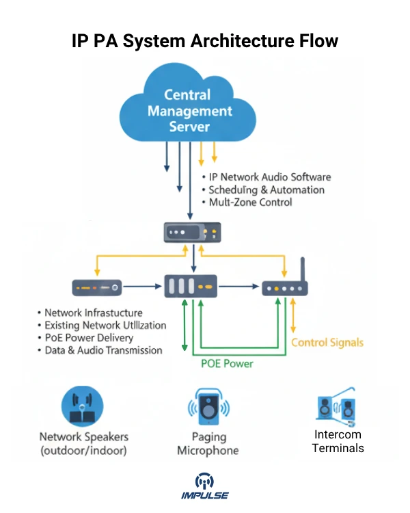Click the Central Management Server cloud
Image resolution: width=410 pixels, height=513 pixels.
tap(188, 109)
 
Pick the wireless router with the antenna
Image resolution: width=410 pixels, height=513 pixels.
tap(285, 287)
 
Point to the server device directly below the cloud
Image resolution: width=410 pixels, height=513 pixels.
tap(191, 233)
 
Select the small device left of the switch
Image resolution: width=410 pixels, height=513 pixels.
tap(97, 287)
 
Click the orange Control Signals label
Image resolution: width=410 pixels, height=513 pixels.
tap(327, 342)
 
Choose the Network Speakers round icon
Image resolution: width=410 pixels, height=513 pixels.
tap(83, 406)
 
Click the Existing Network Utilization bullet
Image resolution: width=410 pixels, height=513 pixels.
tap(105, 325)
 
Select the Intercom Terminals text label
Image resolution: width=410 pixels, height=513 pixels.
tap(338, 441)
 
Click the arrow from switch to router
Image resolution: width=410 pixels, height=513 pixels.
tap(239, 287)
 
